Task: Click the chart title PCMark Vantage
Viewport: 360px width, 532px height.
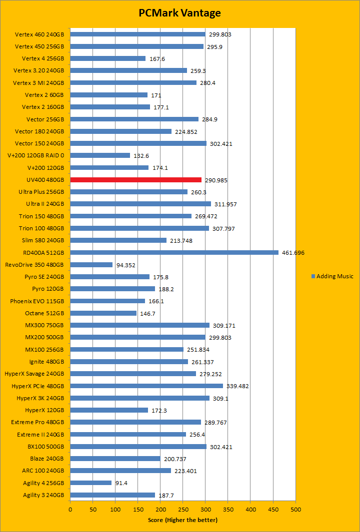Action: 179,13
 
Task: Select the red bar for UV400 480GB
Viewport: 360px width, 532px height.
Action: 135,180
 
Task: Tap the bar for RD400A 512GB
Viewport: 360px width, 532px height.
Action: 174,252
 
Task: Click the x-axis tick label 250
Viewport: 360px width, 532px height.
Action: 182,509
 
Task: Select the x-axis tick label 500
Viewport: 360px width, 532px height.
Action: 295,509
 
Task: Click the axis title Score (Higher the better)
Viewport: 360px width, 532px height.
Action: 182,520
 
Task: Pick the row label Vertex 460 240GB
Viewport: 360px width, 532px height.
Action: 39,34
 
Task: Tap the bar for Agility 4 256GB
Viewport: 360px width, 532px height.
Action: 90,483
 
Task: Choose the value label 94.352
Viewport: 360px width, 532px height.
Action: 125,265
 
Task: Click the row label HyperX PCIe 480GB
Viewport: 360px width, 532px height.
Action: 37,386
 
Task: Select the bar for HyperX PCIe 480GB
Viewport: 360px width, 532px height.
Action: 146,386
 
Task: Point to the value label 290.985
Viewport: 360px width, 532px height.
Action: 216,180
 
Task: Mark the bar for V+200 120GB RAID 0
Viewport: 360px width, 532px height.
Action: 100,155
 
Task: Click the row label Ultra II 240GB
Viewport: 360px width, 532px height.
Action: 45,204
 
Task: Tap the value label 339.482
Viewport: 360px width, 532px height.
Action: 237,386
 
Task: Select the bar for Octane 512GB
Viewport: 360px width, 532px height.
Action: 103,313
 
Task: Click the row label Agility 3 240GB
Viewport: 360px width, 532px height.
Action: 43,495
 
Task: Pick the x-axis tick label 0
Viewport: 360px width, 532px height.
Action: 70,509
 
